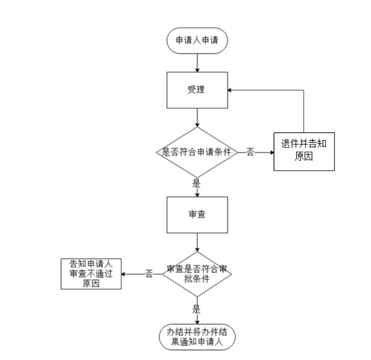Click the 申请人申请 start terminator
click(x=197, y=40)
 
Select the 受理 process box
click(x=197, y=90)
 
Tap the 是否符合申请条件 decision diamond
click(x=197, y=152)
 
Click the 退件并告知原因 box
click(x=304, y=151)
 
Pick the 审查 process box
click(x=197, y=215)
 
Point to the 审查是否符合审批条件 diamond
click(x=197, y=274)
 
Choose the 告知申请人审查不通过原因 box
click(x=91, y=274)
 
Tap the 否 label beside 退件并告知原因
click(x=250, y=152)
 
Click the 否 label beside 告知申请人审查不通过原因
click(x=149, y=274)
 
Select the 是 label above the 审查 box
click(x=197, y=184)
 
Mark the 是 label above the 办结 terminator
click(x=197, y=309)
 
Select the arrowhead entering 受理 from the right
click(x=230, y=90)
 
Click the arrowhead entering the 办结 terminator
click(x=197, y=322)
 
